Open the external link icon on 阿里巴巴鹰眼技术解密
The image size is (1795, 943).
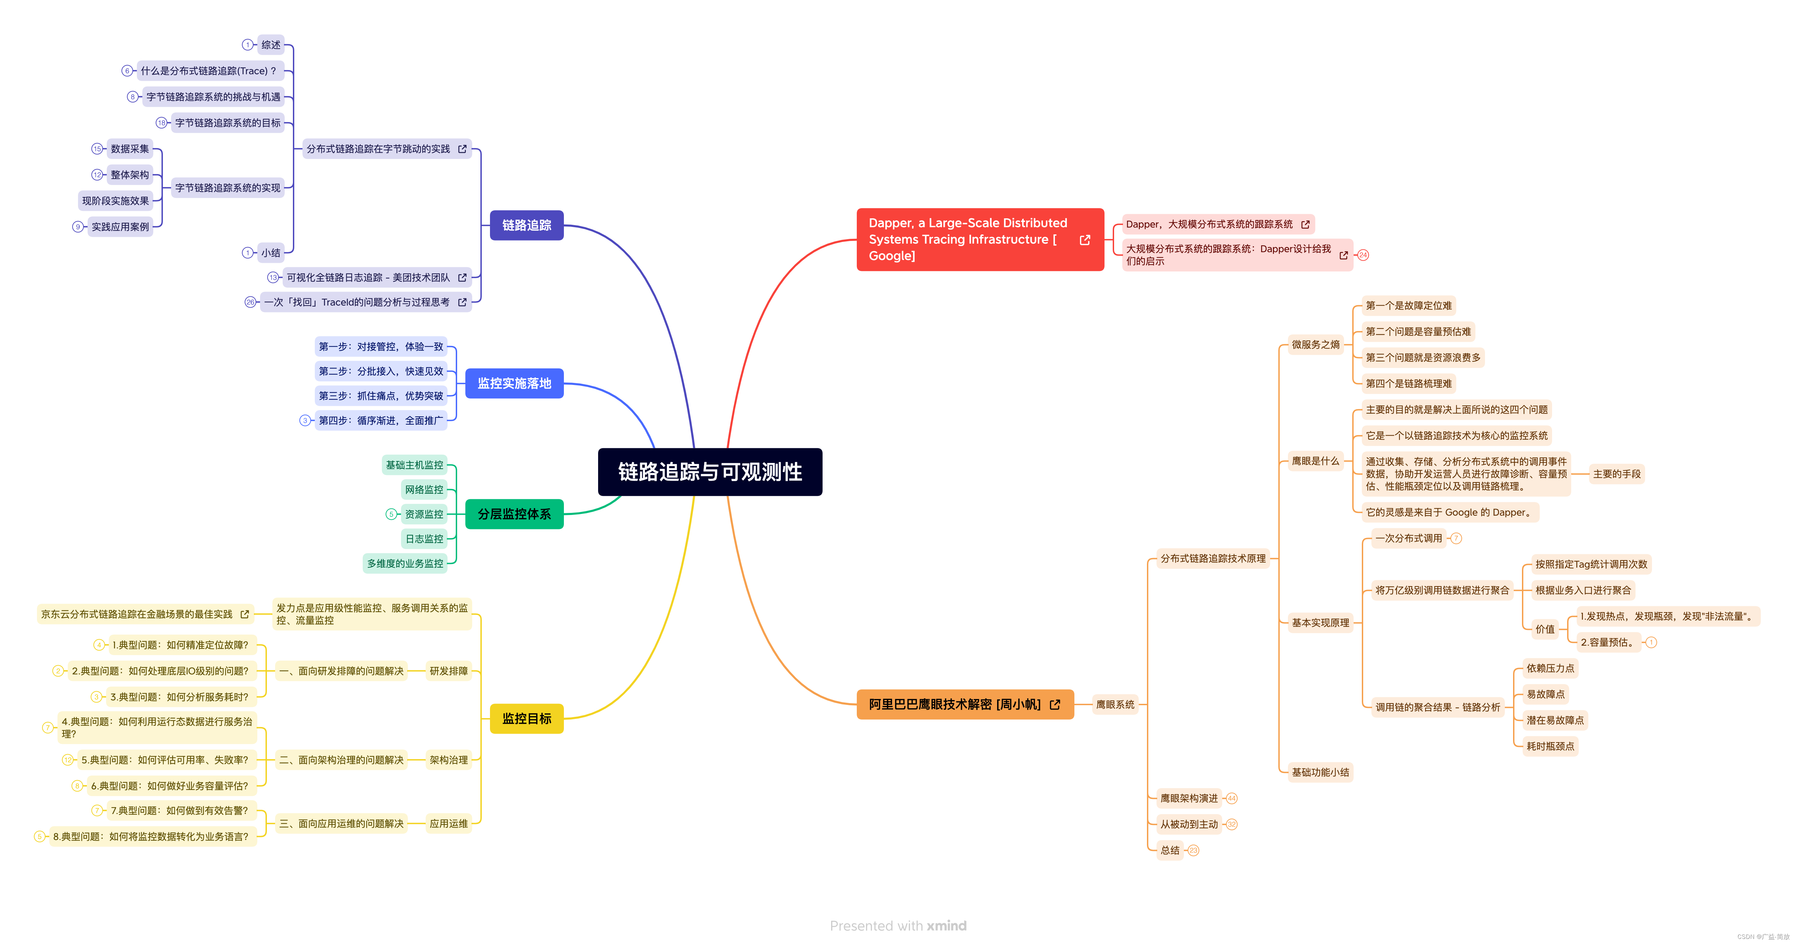tap(1055, 705)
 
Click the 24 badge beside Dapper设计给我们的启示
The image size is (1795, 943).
tap(1363, 255)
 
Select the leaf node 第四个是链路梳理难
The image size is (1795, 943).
tap(1408, 383)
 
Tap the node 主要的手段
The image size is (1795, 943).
tap(1617, 474)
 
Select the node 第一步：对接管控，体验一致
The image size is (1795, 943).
tap(380, 346)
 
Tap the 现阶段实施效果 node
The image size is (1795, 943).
tap(116, 201)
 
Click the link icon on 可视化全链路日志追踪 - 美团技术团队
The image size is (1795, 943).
tap(462, 277)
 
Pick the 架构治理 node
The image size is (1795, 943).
tap(449, 760)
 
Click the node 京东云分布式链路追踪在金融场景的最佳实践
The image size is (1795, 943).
tap(137, 614)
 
